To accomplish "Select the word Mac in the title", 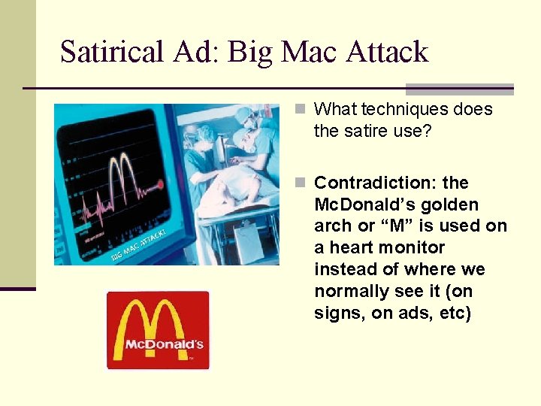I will tap(309, 52).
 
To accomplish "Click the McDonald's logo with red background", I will tap(158, 330).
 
